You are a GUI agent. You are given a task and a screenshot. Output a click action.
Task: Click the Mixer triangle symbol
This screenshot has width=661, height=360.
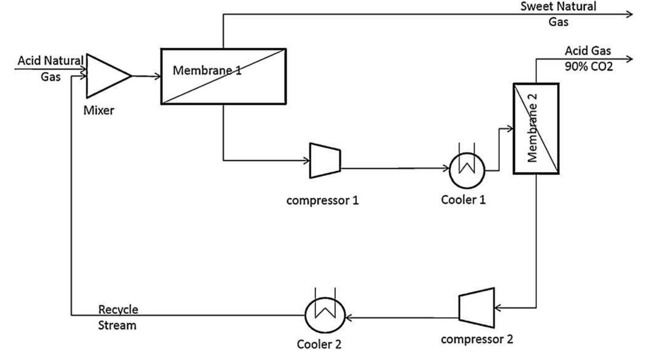pos(105,76)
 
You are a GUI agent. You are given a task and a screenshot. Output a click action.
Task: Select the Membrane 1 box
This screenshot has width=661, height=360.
pos(223,77)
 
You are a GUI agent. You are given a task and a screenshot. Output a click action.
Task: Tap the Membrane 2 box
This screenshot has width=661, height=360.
pos(536,129)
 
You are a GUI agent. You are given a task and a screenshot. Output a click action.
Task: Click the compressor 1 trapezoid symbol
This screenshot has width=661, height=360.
pos(325,160)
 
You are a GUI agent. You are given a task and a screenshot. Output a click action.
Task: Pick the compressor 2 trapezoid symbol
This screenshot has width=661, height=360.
pos(477,308)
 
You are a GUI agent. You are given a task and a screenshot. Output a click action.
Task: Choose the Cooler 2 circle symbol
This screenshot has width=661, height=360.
pos(325,315)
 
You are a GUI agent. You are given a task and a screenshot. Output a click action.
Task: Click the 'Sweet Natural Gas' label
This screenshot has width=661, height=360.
pos(558,14)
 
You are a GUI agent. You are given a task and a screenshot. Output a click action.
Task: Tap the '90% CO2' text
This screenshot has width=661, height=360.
pos(588,66)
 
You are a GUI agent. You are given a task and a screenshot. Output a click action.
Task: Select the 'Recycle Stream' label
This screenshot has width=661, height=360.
pos(117,317)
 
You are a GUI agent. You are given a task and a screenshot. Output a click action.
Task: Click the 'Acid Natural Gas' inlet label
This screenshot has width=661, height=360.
pos(50,68)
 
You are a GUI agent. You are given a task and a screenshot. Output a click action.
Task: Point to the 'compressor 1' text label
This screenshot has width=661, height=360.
pos(323,200)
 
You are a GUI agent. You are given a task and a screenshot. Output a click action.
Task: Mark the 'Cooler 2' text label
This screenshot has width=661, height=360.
pos(319,344)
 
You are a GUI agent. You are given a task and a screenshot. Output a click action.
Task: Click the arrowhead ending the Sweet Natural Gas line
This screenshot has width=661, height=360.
pos(630,14)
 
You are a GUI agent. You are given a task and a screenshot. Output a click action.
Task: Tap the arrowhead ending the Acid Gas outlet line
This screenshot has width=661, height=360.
pos(630,59)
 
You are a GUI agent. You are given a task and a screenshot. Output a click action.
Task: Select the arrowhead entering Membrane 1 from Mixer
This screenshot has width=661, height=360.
pos(157,76)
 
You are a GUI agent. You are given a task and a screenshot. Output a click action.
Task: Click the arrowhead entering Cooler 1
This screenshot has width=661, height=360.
pos(446,168)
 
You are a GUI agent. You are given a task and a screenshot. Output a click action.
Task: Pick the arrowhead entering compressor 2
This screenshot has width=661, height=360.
pos(497,308)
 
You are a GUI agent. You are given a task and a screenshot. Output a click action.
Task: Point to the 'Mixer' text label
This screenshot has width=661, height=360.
pos(98,111)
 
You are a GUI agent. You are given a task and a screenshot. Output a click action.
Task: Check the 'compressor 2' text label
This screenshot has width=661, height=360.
pos(477,339)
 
